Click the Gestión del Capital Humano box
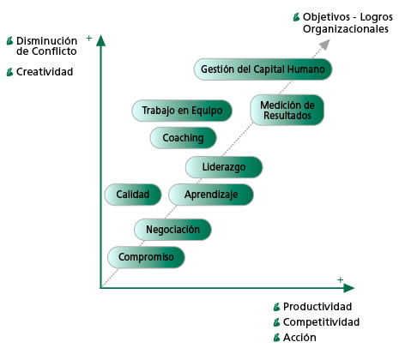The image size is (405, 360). coord(263,69)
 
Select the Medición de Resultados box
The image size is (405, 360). coord(287,110)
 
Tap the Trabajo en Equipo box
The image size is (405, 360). coord(182,111)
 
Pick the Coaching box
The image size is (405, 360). coord(183,138)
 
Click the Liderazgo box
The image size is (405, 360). coord(224,167)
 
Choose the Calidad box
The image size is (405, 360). coord(133,195)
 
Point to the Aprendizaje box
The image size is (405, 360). coord(211,195)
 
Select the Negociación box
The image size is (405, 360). coord(172,230)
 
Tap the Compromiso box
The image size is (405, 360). coord(146,257)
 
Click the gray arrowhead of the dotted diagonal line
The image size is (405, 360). coord(324,45)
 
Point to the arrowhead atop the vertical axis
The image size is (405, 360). coord(100,40)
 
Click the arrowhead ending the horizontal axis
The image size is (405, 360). coord(349,288)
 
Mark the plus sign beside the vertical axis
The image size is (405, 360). coord(89,38)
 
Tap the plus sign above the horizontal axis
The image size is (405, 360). coord(340,279)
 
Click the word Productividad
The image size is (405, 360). coord(317,307)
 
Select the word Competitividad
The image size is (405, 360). coord(321,322)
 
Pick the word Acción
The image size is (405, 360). coord(299,338)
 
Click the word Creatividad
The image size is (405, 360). coord(45,72)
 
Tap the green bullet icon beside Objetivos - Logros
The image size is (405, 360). coord(297,17)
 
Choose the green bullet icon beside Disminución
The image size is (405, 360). coord(10,41)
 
